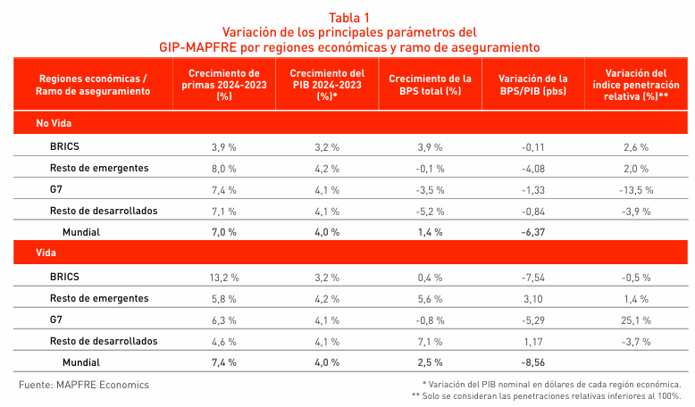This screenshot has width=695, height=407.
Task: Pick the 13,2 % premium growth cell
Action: tap(224, 277)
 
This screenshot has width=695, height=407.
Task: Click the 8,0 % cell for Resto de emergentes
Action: tap(224, 168)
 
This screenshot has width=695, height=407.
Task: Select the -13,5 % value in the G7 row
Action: tap(637, 189)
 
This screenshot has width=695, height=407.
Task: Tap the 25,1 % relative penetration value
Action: tap(637, 320)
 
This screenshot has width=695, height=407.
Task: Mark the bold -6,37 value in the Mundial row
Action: tap(532, 232)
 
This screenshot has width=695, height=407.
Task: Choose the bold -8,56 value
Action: tap(532, 363)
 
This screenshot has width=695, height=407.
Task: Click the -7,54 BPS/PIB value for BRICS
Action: tap(532, 277)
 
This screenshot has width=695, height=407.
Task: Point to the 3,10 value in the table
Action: tap(532, 298)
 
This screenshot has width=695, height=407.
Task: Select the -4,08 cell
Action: tap(532, 168)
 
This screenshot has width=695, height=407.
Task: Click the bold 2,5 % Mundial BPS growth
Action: tap(430, 363)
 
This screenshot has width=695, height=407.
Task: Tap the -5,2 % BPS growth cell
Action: tap(430, 211)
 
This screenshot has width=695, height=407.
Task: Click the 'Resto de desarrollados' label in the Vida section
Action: tap(104, 341)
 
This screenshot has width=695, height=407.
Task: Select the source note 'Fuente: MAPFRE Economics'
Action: tap(84, 385)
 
